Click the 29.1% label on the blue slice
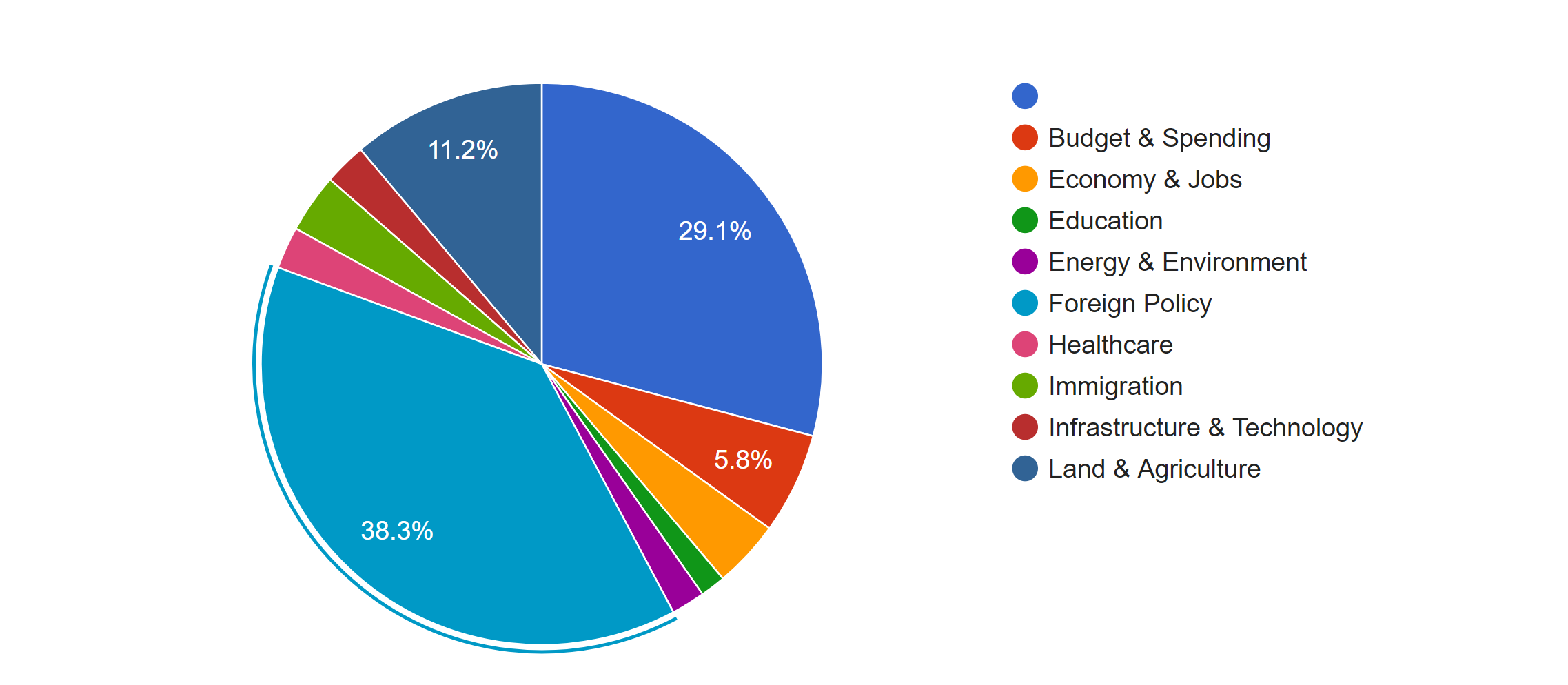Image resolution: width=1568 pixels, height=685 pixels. click(x=714, y=232)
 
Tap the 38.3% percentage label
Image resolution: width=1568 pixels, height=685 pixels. click(x=397, y=531)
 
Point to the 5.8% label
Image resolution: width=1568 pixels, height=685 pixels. click(x=742, y=460)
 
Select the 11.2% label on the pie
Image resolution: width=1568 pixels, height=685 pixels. click(x=462, y=150)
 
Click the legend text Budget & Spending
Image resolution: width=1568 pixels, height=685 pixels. click(x=1159, y=138)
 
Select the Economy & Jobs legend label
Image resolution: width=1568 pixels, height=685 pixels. click(x=1145, y=179)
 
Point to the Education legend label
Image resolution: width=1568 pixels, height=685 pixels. click(x=1106, y=221)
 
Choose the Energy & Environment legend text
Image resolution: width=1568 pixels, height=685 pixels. click(x=1177, y=262)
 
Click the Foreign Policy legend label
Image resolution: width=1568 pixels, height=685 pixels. click(x=1130, y=303)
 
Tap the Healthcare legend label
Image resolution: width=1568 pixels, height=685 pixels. click(x=1110, y=345)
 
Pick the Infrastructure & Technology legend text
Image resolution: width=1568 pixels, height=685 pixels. click(x=1205, y=427)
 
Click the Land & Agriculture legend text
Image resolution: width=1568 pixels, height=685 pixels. click(x=1154, y=469)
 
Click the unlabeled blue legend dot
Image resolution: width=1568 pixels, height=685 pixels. click(x=1025, y=96)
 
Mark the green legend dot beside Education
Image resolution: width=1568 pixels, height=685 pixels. click(x=1025, y=221)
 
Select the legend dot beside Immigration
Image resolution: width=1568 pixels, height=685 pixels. click(x=1025, y=386)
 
